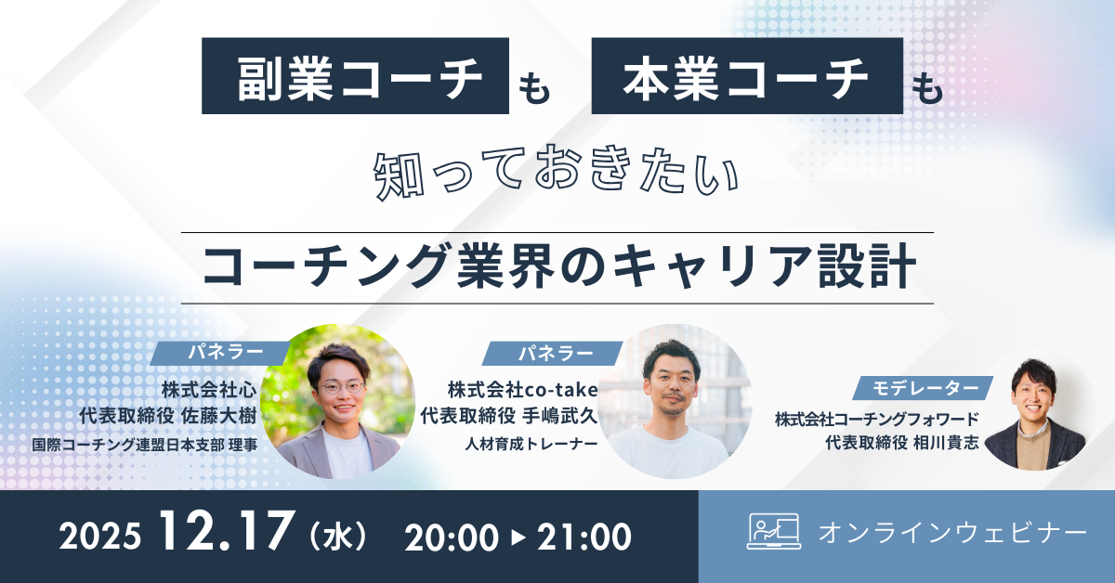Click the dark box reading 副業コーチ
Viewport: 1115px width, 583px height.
(356, 76)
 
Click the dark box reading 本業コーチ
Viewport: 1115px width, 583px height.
(747, 76)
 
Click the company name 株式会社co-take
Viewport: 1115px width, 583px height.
(522, 387)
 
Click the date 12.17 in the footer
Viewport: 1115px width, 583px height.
(222, 535)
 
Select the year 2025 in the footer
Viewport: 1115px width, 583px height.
(100, 537)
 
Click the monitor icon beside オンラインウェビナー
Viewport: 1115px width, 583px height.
(773, 531)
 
